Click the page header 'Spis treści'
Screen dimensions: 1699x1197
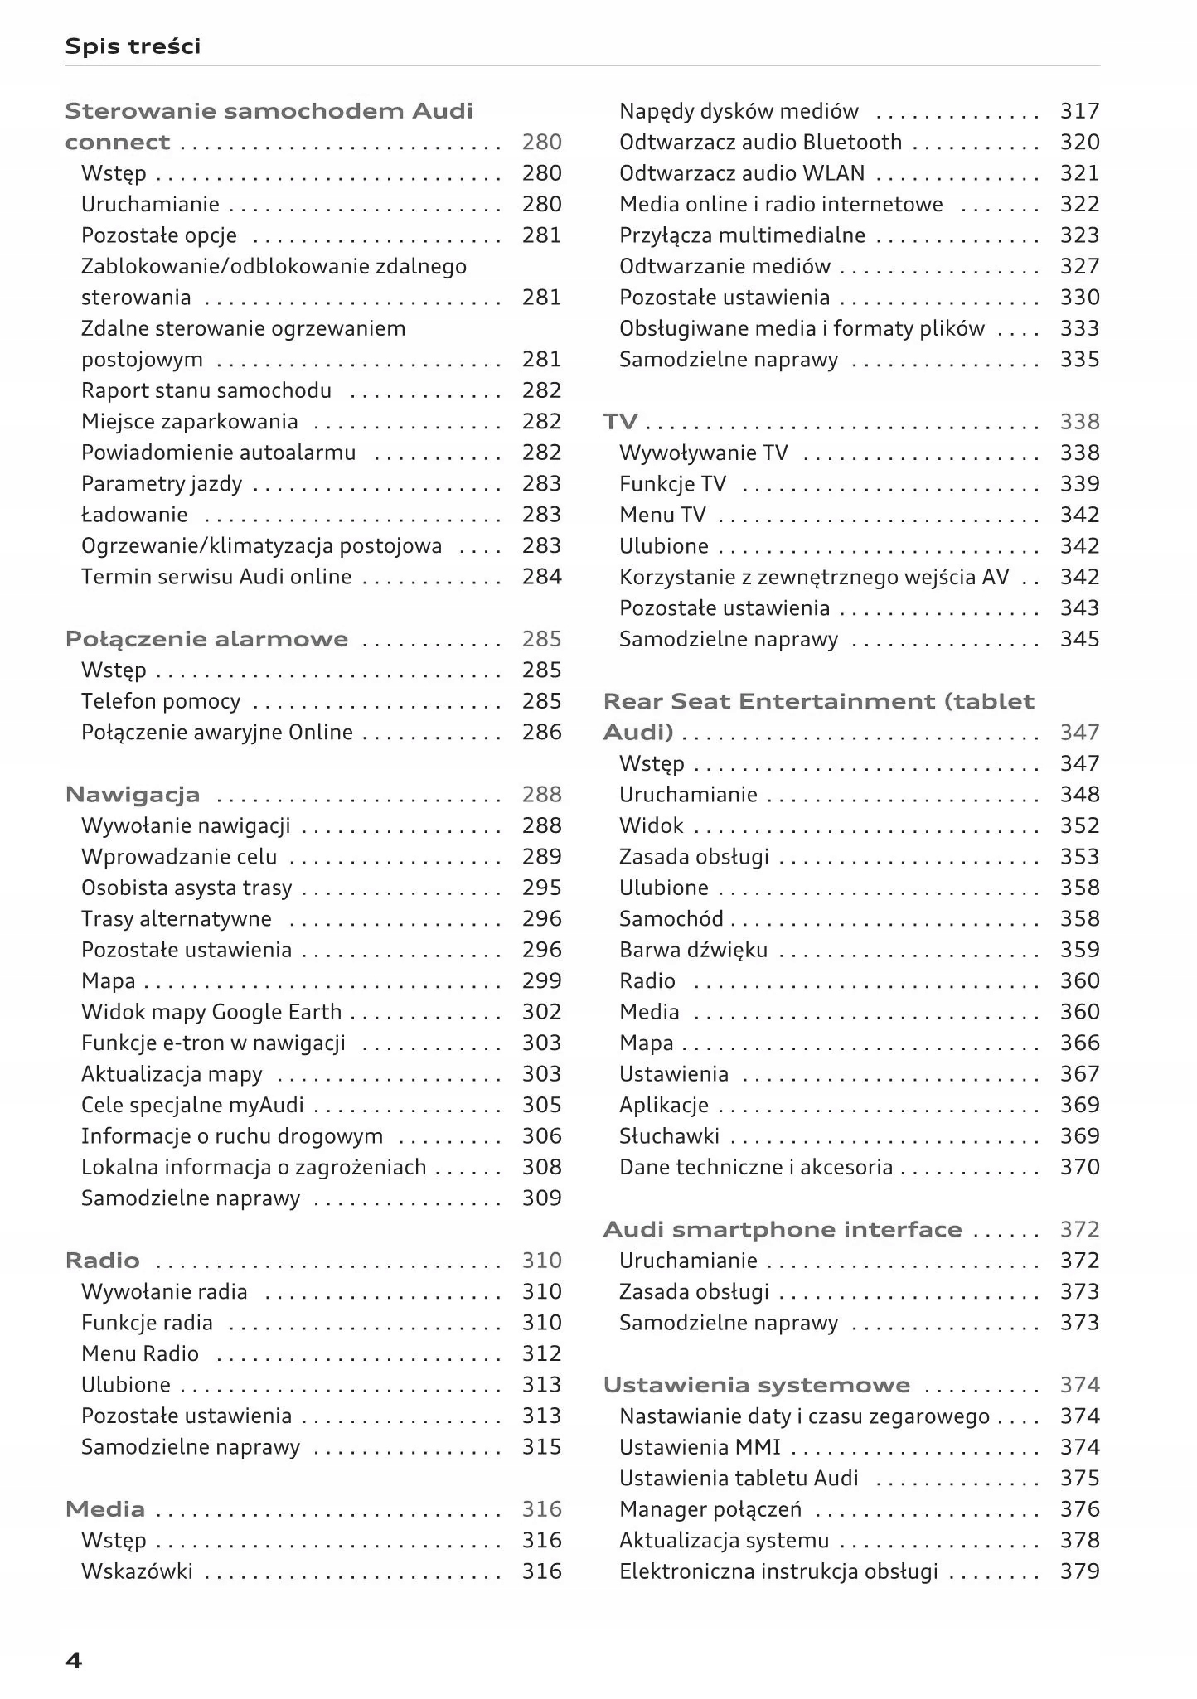click(133, 46)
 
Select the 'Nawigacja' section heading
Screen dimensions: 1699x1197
click(133, 795)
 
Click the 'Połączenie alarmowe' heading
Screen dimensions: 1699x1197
click(206, 639)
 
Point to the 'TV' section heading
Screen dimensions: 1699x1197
click(621, 422)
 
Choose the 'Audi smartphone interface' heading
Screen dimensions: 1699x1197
click(783, 1229)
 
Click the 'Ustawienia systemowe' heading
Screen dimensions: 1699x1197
click(756, 1385)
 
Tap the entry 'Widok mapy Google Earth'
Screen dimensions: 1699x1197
click(211, 1012)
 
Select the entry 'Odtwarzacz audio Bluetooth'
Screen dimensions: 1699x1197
click(760, 143)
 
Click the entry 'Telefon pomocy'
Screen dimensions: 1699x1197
click(161, 701)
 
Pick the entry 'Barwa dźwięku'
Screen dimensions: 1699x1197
click(693, 950)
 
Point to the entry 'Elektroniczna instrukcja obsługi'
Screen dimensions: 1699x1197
click(778, 1571)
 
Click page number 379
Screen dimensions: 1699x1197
click(1079, 1571)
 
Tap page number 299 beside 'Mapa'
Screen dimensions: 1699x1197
click(541, 981)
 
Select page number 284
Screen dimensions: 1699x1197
click(541, 577)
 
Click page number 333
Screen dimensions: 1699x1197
click(1079, 329)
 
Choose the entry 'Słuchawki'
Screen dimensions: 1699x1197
click(669, 1136)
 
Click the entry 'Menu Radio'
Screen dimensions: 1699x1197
click(140, 1353)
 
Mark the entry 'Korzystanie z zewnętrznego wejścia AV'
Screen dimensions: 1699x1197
click(814, 577)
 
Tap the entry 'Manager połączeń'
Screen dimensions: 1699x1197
click(710, 1509)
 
